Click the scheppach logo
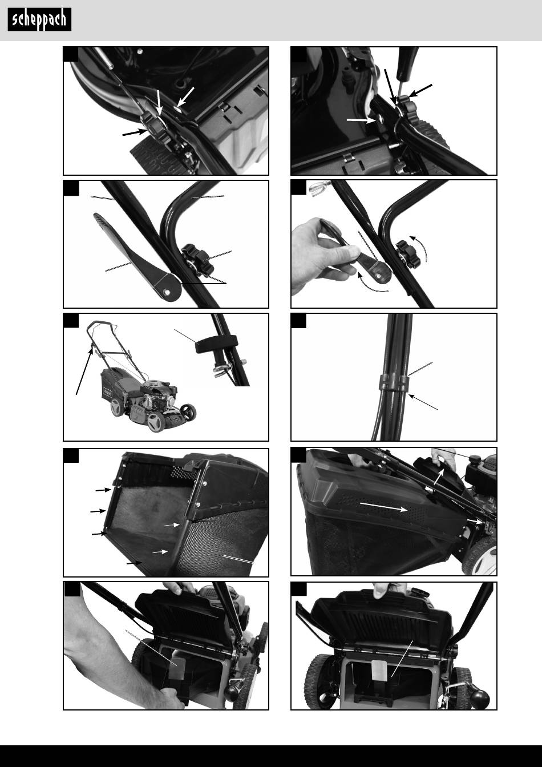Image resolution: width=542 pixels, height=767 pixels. [x=39, y=19]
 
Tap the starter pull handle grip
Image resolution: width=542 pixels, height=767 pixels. [x=216, y=343]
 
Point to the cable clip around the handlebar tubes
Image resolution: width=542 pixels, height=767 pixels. [x=394, y=382]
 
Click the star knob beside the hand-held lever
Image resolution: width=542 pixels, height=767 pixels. [x=408, y=255]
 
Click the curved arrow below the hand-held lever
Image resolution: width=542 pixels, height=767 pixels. [x=372, y=284]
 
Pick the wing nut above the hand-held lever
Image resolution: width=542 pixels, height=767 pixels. [x=320, y=188]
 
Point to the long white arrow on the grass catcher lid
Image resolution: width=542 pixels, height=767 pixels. [x=383, y=506]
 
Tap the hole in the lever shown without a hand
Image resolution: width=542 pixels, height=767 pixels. [x=167, y=292]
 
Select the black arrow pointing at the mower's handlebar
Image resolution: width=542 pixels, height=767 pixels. [x=84, y=371]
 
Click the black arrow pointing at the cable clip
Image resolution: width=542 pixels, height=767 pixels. [x=423, y=402]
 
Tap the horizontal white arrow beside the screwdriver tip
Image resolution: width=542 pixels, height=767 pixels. [x=361, y=120]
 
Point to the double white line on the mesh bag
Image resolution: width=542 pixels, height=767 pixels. [x=238, y=559]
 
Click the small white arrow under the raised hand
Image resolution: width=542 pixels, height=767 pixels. [x=439, y=477]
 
